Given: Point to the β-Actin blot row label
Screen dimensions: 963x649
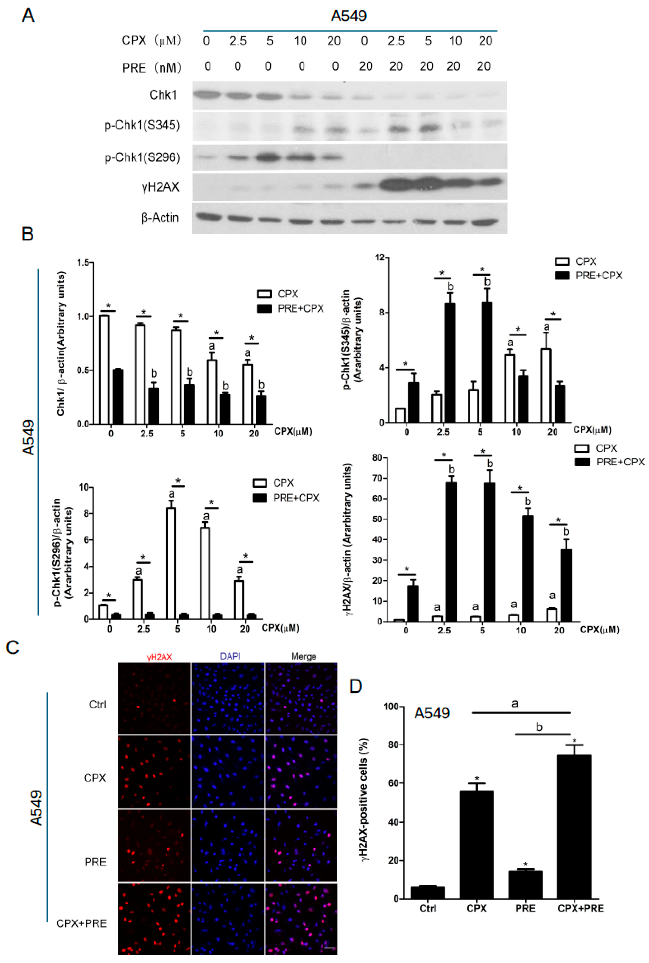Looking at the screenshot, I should pyautogui.click(x=160, y=218).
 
